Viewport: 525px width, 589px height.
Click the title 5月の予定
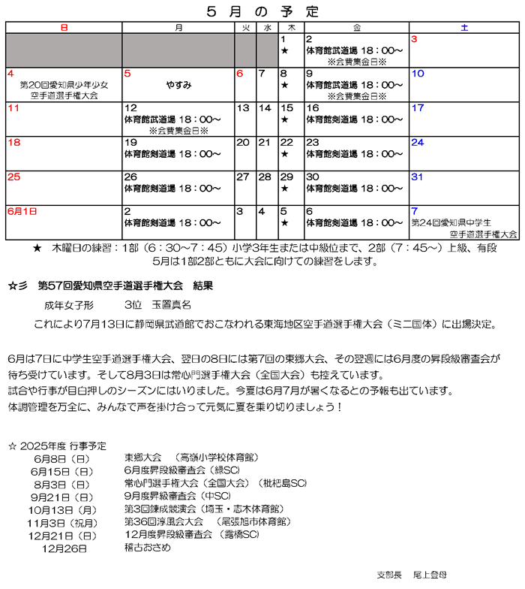pos(262,11)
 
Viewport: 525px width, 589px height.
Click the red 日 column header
pos(64,28)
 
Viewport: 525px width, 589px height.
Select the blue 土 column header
pos(464,28)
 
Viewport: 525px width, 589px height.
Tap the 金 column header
pos(356,28)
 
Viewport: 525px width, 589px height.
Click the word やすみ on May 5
pos(178,85)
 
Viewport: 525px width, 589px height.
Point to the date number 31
pos(418,177)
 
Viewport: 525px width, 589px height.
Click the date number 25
pos(14,177)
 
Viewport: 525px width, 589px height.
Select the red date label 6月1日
pos(22,212)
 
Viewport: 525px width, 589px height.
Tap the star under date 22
pos(285,154)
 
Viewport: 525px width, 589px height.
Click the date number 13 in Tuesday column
pos(243,108)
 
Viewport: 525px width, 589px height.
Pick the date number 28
pos(265,177)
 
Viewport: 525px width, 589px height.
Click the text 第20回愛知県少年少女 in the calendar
pos(64,85)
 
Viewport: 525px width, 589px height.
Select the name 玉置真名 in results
pos(172,306)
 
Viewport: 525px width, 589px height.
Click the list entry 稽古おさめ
pos(148,547)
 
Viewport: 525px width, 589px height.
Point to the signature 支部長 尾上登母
pos(412,574)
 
